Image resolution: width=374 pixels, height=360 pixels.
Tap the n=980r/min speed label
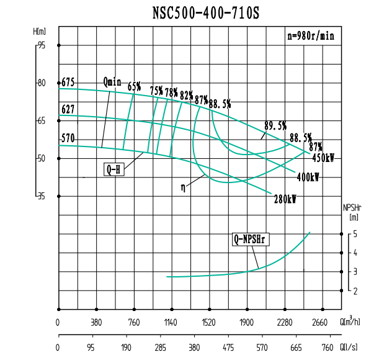tap(311, 36)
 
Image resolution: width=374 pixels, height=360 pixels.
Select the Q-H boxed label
tap(114, 168)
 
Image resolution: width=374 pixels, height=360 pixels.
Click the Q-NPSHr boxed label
tap(250, 239)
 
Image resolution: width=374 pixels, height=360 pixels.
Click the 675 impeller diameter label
tap(68, 83)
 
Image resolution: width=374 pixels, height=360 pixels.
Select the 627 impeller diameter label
tap(68, 109)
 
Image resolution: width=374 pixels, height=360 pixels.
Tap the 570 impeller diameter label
tap(68, 138)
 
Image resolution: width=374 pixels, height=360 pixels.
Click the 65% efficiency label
tap(135, 86)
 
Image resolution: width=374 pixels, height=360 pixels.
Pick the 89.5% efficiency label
tap(275, 125)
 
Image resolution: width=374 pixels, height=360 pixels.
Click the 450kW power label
tap(323, 158)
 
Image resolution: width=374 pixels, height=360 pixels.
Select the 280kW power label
tap(285, 199)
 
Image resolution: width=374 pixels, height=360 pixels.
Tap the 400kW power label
tap(308, 177)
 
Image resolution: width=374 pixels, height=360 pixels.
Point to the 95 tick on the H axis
tap(42, 45)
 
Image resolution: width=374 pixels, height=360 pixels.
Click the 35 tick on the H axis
tap(42, 196)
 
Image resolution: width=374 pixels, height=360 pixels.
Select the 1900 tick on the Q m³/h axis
tap(247, 322)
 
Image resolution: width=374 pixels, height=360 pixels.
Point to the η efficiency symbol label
tap(184, 186)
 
